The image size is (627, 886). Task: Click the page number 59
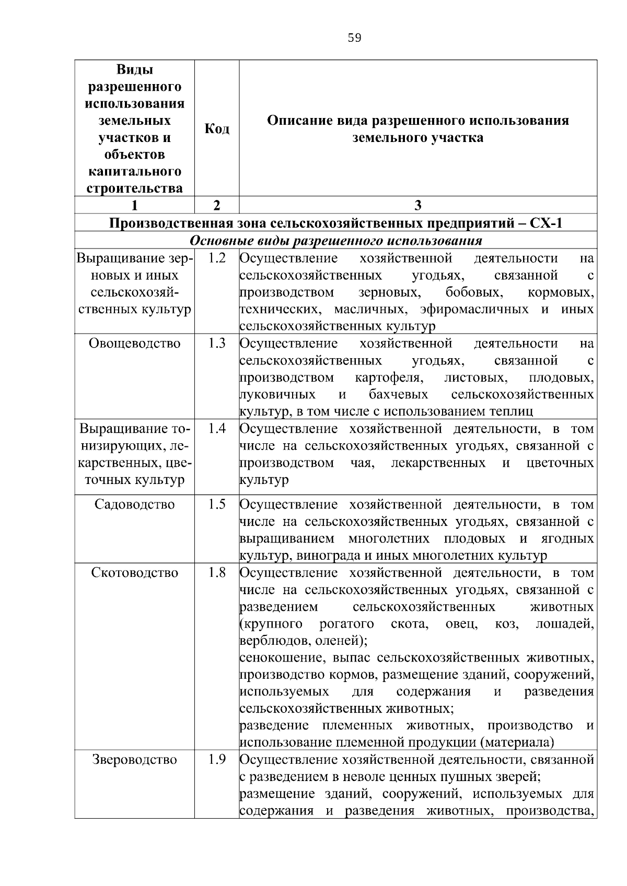(354, 38)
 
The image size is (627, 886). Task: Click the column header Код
(216, 128)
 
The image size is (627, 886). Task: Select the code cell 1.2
(216, 258)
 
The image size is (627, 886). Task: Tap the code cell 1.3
(216, 343)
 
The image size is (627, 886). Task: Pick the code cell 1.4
(216, 429)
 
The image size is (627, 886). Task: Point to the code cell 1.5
(216, 504)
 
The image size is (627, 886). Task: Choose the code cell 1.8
(216, 572)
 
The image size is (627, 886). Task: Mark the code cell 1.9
(216, 759)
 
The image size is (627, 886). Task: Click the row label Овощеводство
(134, 344)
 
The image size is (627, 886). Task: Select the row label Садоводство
(134, 504)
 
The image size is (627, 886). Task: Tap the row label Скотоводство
(134, 573)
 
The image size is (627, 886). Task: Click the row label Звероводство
(134, 760)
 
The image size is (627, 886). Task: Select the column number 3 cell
(417, 205)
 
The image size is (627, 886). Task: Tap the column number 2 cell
(216, 205)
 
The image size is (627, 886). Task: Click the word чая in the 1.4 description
(362, 463)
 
